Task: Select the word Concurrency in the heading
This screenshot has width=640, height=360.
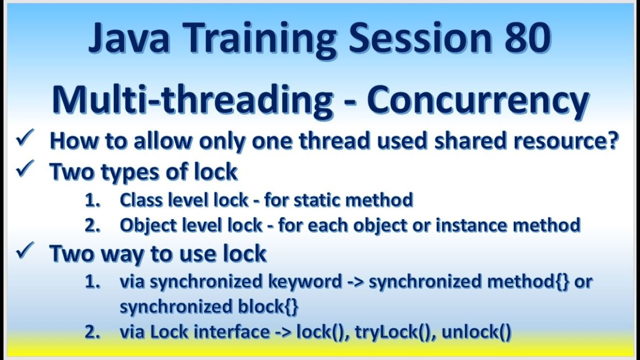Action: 478,99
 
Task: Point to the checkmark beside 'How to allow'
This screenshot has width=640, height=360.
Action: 24,139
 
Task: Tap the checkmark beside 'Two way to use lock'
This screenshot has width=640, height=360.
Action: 24,251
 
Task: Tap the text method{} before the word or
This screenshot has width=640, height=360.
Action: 529,282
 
